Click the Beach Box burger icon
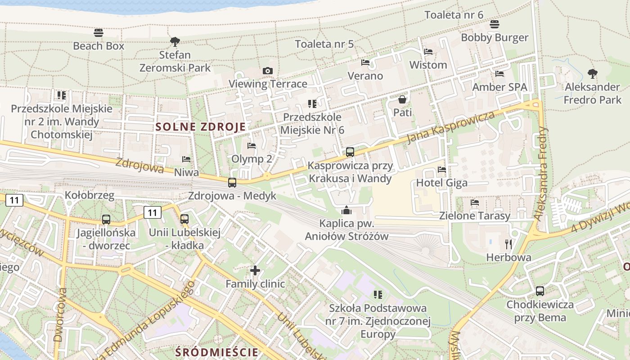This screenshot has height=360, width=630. pos(99,33)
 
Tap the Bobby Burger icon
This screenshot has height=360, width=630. pos(495,24)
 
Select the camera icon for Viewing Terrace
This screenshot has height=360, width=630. pos(268,71)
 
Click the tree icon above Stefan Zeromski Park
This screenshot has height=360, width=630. pos(175,42)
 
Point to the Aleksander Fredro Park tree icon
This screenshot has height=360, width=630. pos(593,73)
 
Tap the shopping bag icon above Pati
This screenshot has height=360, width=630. pos(402,99)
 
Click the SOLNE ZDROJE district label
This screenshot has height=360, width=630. pos(201,126)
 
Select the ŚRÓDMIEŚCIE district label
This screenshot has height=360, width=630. pos(217,352)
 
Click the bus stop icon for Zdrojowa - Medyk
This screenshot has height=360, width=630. pos(232,182)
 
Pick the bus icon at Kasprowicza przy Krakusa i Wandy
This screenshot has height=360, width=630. pos(350,152)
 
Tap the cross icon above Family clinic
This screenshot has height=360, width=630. pos(255,270)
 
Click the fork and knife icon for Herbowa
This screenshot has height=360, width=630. pos(509,244)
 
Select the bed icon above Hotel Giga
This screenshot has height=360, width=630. pos(442,170)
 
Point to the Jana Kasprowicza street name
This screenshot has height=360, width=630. pos(450,127)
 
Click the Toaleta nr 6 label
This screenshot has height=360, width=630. pos(454,15)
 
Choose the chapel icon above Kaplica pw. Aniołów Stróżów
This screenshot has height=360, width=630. pos(346,210)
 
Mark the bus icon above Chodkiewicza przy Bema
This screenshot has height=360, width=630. pos(540,291)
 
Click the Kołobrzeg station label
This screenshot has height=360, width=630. pos(90,195)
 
